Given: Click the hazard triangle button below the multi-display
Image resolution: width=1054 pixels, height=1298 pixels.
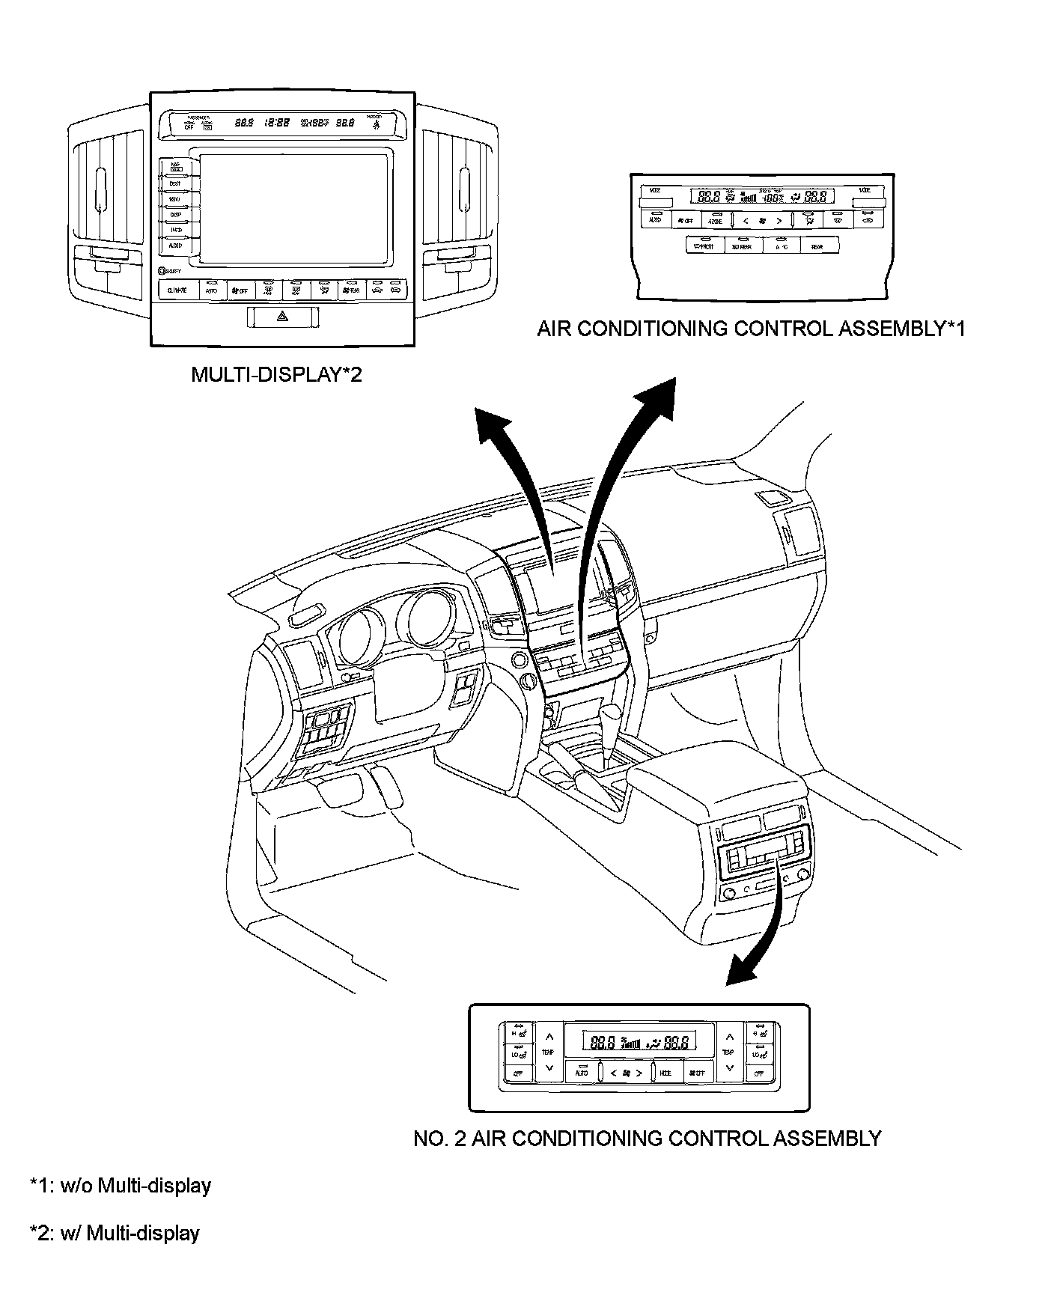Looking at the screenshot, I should tap(282, 317).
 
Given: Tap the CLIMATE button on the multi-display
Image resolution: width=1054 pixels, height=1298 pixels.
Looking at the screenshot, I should tap(177, 290).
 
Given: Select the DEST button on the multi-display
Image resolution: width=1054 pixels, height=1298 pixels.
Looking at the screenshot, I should tap(174, 183).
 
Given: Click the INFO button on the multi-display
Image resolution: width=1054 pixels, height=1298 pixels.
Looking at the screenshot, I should tap(174, 230).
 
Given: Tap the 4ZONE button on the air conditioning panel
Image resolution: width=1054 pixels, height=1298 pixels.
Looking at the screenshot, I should tap(715, 221).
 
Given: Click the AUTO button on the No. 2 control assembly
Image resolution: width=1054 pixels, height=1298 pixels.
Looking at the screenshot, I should tap(582, 1073).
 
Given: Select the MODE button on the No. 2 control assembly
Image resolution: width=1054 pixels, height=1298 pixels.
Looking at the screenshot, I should tap(665, 1073).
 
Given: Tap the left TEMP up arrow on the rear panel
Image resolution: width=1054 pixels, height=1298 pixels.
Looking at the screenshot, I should tap(549, 1037).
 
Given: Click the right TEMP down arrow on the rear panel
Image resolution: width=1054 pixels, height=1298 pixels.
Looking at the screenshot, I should tap(728, 1068).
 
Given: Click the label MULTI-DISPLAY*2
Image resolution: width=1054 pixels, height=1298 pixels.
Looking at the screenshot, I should tap(276, 374).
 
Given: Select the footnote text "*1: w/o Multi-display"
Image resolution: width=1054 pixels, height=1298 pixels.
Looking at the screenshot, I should tap(121, 1186).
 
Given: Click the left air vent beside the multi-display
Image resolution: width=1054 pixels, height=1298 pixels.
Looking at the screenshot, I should tap(108, 187).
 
